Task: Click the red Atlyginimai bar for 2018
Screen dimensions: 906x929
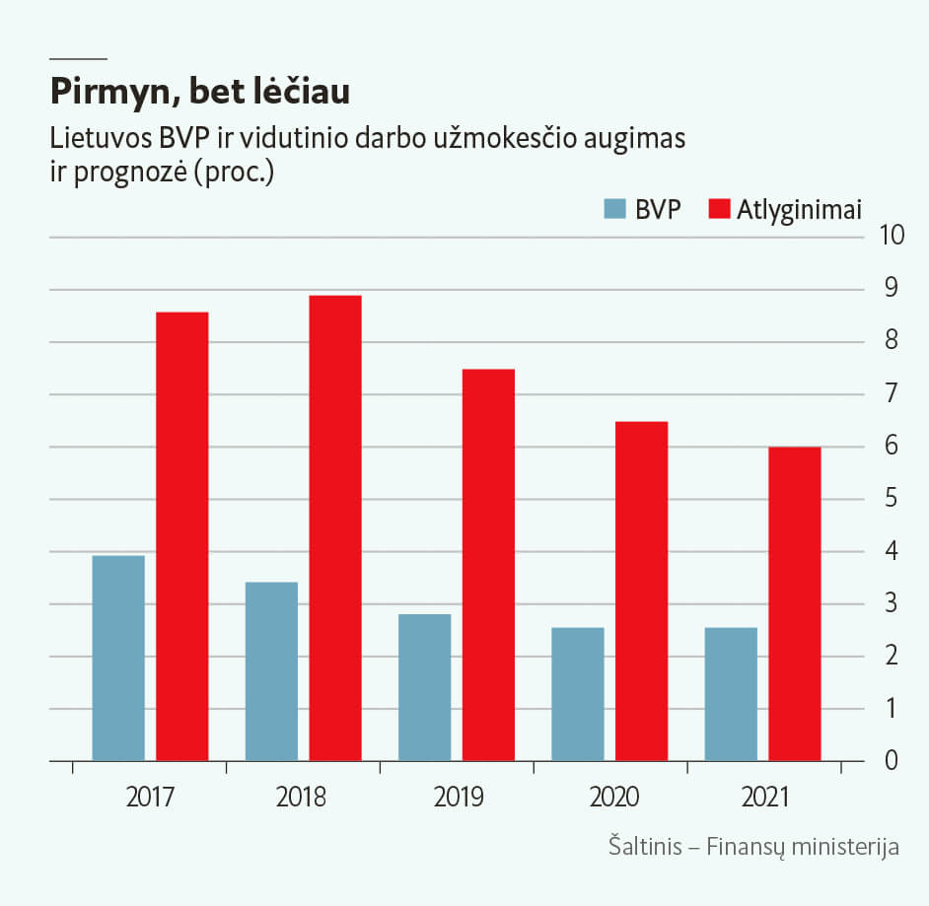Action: point(335,528)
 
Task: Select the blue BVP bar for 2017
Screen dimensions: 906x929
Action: point(118,659)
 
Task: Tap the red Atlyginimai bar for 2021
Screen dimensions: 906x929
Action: point(795,604)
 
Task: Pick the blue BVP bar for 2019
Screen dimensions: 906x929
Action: point(424,688)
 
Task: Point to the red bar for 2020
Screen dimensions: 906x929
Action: point(641,592)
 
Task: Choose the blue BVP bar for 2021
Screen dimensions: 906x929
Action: point(731,694)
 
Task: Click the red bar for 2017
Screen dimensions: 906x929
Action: point(181,536)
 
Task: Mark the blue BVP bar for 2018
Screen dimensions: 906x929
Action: point(271,671)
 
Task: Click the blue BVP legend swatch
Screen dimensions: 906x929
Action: point(615,209)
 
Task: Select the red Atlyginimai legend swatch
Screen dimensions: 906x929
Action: point(720,209)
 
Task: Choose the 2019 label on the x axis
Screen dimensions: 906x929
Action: point(459,797)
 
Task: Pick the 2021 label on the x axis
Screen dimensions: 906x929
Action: point(765,797)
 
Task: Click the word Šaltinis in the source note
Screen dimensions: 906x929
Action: point(645,847)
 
